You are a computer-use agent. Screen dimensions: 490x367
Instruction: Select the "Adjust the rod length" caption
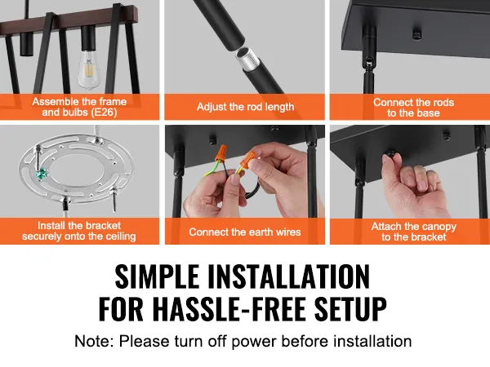[245, 107]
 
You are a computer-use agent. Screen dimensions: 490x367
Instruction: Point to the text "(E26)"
[105, 112]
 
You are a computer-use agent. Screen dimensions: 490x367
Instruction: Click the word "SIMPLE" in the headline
[157, 276]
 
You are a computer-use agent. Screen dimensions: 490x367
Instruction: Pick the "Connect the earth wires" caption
[245, 232]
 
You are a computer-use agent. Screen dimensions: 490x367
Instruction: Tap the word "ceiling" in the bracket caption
[120, 237]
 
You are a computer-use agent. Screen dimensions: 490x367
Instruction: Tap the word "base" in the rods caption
[428, 113]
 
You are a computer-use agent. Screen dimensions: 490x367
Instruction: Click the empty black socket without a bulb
[26, 43]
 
